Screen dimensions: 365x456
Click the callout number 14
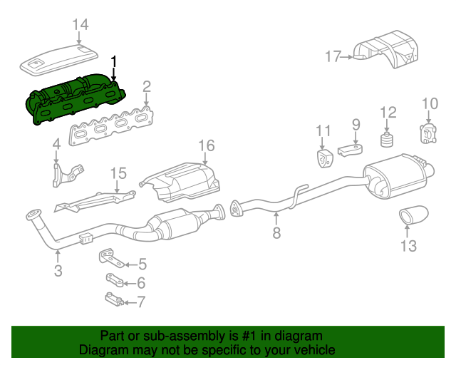pyautogui.click(x=81, y=25)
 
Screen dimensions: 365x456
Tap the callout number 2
pyautogui.click(x=146, y=87)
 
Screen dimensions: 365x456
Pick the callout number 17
pyautogui.click(x=334, y=56)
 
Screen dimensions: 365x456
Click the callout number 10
pyautogui.click(x=429, y=105)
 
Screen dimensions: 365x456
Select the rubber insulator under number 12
pyautogui.click(x=388, y=138)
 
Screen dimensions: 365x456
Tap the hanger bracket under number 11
pyautogui.click(x=325, y=158)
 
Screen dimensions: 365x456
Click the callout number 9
pyautogui.click(x=356, y=125)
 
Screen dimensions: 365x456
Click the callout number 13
pyautogui.click(x=408, y=247)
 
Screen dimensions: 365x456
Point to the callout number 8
pyautogui.click(x=276, y=232)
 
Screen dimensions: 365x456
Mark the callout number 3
pyautogui.click(x=58, y=270)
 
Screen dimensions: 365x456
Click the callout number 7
pyautogui.click(x=140, y=302)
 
